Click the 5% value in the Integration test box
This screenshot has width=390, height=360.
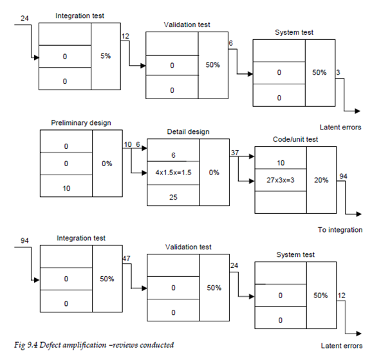point(106,57)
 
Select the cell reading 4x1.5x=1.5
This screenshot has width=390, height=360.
point(172,173)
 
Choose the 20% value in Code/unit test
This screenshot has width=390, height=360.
point(320,180)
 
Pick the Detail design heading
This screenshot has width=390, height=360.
point(187,132)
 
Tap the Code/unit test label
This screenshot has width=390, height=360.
point(295,140)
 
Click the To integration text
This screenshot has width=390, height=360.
point(340,230)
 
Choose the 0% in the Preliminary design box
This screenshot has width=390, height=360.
point(107,164)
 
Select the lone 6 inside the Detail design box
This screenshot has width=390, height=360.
point(172,155)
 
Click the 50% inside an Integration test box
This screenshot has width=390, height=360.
point(107,279)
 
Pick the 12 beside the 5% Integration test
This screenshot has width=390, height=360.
point(125,35)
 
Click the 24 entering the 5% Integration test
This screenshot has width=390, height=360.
point(24,18)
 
